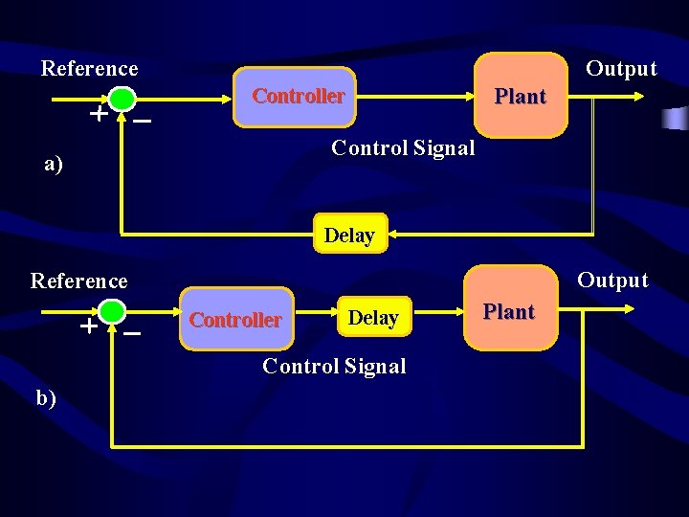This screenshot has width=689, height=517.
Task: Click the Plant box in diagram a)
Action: point(520,96)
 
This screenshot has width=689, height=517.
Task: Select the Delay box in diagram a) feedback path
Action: point(349,234)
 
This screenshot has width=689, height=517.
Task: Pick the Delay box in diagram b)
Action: point(373,317)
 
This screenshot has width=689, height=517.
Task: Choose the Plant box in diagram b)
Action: point(509,311)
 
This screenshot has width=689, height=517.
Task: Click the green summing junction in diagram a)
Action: point(122,99)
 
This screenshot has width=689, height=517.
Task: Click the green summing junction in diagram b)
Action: point(112,311)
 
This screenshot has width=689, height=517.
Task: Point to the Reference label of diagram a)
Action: point(89,68)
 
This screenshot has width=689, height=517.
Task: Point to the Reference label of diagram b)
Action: point(78,281)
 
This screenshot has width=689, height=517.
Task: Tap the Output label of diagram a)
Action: point(621,68)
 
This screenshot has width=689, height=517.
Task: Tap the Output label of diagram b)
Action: point(612,281)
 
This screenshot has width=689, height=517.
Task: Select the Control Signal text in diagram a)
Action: point(402,147)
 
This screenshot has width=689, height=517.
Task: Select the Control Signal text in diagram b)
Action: point(334,366)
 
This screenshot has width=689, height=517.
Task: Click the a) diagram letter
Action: point(54,164)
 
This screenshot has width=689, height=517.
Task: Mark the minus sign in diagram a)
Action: point(142,121)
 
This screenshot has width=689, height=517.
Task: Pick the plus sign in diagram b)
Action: point(87,326)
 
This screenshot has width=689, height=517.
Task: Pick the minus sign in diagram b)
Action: point(132,333)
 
